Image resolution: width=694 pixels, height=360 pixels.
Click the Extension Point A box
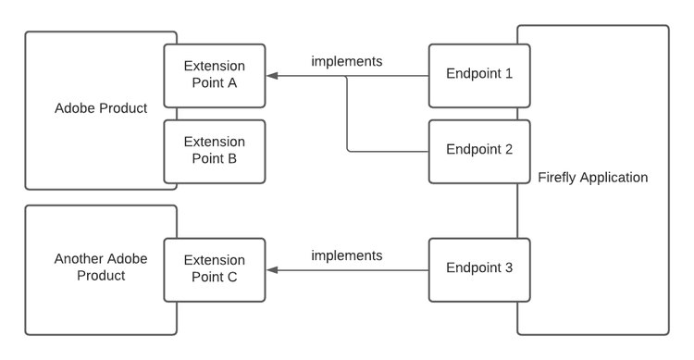215,75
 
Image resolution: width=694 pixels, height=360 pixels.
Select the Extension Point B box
215,150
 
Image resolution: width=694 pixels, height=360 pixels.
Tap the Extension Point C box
215,268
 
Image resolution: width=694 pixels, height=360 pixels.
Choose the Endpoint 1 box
479,75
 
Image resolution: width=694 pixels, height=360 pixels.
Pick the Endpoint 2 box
479,150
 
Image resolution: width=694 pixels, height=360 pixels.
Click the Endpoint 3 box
479,268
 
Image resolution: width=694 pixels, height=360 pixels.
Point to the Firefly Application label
592,178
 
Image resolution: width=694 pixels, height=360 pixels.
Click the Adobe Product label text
101,108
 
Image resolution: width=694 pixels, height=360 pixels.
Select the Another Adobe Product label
101,267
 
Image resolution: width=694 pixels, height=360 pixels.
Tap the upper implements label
347,62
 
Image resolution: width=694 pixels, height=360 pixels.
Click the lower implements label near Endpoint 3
347,255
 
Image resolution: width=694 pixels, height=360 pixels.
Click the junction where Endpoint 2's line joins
347,77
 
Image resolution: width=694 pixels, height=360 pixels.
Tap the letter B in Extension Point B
232,158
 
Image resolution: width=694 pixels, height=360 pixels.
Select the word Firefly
558,178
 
